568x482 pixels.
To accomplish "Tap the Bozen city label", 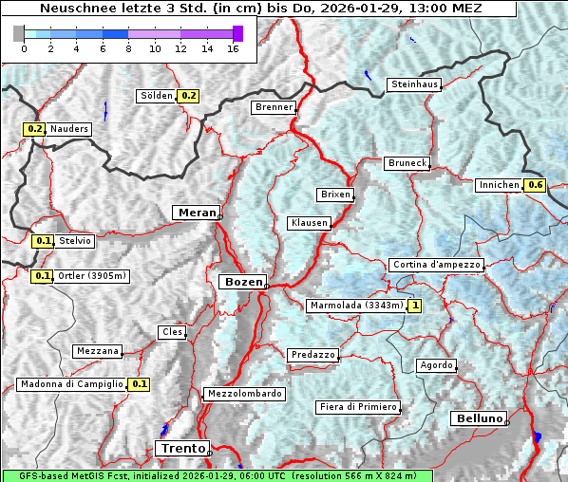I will click(241, 282).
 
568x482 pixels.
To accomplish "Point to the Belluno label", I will click(478, 418).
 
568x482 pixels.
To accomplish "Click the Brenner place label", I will click(274, 107).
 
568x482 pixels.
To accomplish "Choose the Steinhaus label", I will click(415, 84).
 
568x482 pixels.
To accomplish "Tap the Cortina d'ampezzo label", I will click(436, 265).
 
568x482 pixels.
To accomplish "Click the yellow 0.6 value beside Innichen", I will click(536, 185).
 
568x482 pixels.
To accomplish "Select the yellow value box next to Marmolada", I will click(415, 306).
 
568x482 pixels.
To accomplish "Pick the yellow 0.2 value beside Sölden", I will click(188, 96).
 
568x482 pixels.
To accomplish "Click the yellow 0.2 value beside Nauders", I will click(35, 129).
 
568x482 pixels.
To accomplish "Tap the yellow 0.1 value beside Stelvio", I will click(43, 241).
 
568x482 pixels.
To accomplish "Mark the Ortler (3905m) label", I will click(92, 276).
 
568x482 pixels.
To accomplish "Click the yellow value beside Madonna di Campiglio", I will click(140, 384).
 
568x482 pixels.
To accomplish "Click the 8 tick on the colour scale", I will click(128, 48).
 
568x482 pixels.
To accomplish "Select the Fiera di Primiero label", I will click(358, 407).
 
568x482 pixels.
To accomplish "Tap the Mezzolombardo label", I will click(243, 394).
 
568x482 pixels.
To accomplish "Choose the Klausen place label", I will click(309, 223).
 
